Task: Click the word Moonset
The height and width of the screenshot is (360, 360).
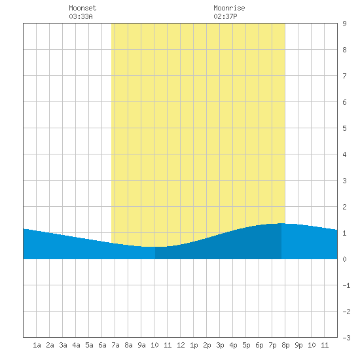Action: [x=82, y=8]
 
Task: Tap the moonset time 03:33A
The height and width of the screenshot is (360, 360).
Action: [x=81, y=16]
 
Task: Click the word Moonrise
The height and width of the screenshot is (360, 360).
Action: [x=229, y=8]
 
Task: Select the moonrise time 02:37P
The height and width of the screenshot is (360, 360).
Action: [x=225, y=16]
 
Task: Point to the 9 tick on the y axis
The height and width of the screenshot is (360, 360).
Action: [x=344, y=24]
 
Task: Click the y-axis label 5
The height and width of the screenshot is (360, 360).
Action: [x=344, y=128]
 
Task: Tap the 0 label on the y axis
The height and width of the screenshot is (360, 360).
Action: [x=344, y=259]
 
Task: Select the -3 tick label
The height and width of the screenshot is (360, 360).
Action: [x=346, y=338]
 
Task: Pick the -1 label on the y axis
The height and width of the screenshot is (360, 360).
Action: [x=346, y=285]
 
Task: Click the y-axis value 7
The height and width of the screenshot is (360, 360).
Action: [x=344, y=76]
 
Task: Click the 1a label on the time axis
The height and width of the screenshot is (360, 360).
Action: [x=37, y=345]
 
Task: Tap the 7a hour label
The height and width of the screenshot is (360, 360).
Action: [x=115, y=345]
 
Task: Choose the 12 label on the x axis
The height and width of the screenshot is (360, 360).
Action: [x=181, y=345]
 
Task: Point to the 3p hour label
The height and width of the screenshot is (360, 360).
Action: [x=220, y=345]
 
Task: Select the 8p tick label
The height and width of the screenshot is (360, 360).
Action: [x=285, y=345]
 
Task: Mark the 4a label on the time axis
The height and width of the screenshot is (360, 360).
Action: [x=76, y=345]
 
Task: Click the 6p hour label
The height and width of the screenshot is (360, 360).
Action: [x=259, y=345]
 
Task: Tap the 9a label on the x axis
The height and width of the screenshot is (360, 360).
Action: [x=141, y=345]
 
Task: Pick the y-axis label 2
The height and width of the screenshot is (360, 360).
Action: [x=344, y=207]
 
